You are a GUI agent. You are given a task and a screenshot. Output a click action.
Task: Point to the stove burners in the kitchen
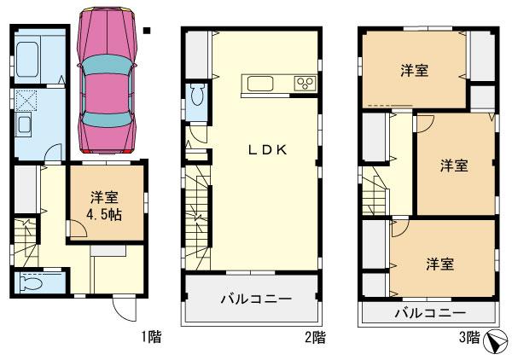304,83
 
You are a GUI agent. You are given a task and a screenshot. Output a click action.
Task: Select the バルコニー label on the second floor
255,299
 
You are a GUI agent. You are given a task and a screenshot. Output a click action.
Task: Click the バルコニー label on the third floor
429,313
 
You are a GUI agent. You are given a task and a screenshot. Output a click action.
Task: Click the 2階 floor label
315,337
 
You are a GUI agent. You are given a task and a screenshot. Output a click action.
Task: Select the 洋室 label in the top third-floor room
414,71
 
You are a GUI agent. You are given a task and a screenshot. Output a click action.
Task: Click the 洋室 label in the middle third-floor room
453,165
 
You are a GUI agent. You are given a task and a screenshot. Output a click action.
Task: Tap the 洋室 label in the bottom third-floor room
439,264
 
